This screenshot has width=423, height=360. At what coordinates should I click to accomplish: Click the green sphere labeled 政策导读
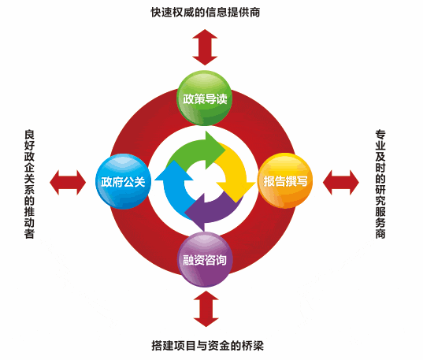(204, 98)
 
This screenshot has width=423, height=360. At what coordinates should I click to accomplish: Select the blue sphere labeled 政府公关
(124, 181)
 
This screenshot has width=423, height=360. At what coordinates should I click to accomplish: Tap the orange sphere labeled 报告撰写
(285, 181)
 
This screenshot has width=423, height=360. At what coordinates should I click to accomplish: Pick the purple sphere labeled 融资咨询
(205, 260)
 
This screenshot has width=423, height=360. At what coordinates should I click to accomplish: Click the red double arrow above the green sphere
(205, 47)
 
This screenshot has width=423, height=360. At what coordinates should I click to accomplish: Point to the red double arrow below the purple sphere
(206, 309)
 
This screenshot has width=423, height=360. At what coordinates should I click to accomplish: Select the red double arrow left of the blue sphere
(68, 183)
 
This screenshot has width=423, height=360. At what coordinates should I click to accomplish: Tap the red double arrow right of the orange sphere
(341, 183)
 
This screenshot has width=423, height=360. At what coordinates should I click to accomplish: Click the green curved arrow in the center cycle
(195, 151)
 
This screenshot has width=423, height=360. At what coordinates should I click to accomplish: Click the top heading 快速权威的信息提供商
(206, 13)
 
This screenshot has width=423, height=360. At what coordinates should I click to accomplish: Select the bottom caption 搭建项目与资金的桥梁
(207, 346)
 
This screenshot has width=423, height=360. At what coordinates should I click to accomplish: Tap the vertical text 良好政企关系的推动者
(29, 184)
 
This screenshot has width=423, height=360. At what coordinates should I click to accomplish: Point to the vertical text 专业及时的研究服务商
(380, 184)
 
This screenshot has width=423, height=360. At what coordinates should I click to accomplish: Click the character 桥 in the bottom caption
(247, 346)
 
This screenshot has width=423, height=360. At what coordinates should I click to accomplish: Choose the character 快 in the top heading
(156, 13)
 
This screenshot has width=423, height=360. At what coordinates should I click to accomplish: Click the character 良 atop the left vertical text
(29, 135)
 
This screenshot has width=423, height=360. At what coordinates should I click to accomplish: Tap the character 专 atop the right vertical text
(380, 135)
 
